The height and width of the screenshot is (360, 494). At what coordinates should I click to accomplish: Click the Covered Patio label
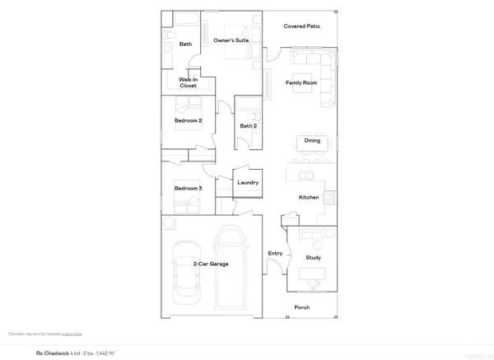point(301,26)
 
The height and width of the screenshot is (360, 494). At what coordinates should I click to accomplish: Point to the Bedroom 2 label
point(189,120)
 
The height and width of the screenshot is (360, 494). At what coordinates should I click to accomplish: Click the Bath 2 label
point(249,126)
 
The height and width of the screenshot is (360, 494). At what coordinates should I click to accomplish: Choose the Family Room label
point(301,83)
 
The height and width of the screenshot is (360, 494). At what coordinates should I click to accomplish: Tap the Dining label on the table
point(312,140)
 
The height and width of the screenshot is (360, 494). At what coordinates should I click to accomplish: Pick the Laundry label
point(248,183)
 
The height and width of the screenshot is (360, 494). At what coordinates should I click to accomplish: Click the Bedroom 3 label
point(188,189)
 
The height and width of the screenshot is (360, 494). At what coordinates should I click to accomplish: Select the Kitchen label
point(308,198)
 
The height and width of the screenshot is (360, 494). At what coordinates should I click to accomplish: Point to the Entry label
point(275,253)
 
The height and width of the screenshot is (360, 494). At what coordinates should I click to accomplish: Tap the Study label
point(313,258)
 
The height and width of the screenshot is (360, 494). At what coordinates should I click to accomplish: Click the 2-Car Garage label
point(211,264)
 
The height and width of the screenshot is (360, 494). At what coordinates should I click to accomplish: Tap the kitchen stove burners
point(329,198)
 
